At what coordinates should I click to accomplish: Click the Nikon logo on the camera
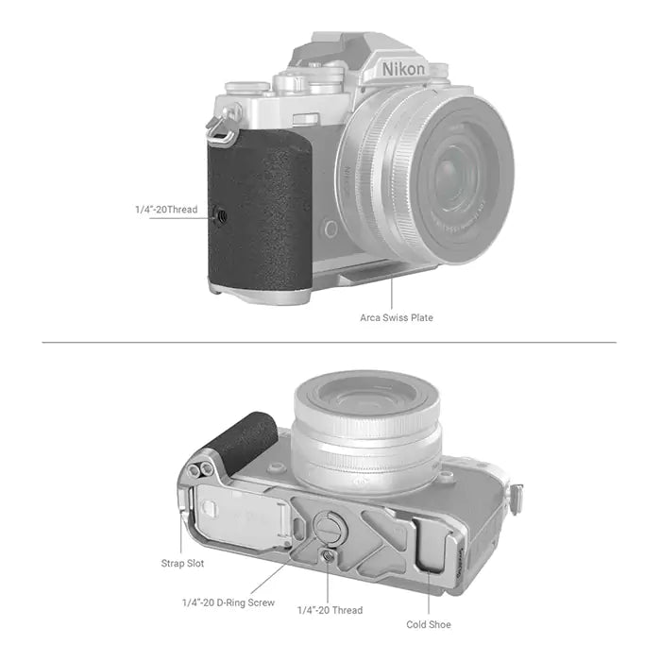pos(403,68)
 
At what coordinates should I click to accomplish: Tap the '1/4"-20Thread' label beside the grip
pos(166,209)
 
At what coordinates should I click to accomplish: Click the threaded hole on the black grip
pos(223,215)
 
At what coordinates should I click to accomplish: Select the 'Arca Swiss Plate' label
pos(397,317)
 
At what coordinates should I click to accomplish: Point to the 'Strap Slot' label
pos(182,563)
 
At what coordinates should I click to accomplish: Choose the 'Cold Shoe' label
pos(428,624)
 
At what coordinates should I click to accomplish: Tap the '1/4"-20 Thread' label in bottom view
pos(330,610)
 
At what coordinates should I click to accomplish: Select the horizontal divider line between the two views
pos(330,342)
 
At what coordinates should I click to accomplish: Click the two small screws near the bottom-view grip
pos(200,470)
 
